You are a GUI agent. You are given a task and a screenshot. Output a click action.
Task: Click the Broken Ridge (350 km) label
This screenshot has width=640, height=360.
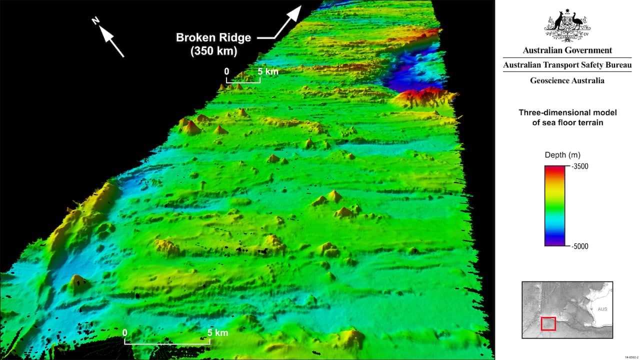pyautogui.click(x=213, y=44)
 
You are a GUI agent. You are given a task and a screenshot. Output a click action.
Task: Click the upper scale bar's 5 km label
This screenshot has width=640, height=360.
pyautogui.click(x=268, y=71)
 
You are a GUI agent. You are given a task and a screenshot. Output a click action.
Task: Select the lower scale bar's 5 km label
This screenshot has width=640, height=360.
pyautogui.click(x=218, y=332)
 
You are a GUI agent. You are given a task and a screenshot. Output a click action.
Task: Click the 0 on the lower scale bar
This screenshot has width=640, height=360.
pyautogui.click(x=124, y=332)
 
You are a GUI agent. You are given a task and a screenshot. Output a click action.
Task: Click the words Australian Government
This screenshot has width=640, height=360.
pyautogui.click(x=567, y=50)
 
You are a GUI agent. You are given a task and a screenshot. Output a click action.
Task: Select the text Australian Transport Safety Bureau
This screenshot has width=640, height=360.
pyautogui.click(x=567, y=65)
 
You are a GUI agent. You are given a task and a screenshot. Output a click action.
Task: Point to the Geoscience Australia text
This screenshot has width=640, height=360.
pyautogui.click(x=567, y=80)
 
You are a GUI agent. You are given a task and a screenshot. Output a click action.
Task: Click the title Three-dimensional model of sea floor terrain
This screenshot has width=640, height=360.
pyautogui.click(x=567, y=117)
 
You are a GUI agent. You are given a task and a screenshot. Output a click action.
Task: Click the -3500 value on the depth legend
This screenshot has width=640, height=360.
pyautogui.click(x=578, y=166)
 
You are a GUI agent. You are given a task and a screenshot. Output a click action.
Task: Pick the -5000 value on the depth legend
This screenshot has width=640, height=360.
pyautogui.click(x=578, y=246)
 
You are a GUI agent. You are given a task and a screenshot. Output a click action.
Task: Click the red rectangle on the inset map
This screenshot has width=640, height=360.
pyautogui.click(x=548, y=323)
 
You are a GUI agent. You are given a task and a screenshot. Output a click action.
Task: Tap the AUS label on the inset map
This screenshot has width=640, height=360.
pyautogui.click(x=602, y=309)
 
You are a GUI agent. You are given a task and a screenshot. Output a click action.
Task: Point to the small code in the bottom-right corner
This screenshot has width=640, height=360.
pyautogui.click(x=631, y=356)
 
